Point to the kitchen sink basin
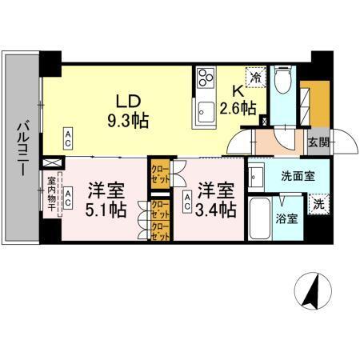coord(205,110)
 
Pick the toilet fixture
coord(282,82)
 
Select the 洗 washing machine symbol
coord(318,203)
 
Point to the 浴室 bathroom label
coord(289,218)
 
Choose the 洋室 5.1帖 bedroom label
coord(105,201)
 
